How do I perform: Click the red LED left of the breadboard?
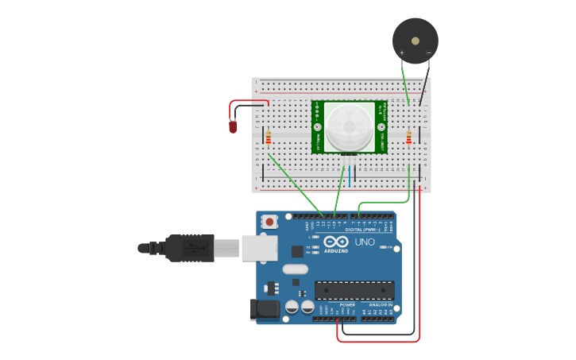[233, 126]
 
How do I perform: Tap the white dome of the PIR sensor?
[348, 126]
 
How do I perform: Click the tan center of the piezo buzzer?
[415, 41]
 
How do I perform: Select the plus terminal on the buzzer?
[402, 53]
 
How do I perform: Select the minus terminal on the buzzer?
[428, 53]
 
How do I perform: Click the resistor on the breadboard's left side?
[269, 138]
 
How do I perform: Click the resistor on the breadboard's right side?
[409, 138]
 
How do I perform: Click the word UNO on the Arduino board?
[365, 242]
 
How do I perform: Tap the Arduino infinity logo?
[336, 242]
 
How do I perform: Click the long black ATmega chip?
[354, 290]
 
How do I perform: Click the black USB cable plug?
[190, 248]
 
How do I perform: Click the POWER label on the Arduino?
[347, 304]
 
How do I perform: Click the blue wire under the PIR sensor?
[350, 175]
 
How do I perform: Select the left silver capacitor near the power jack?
[292, 306]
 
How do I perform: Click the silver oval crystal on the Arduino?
[295, 269]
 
